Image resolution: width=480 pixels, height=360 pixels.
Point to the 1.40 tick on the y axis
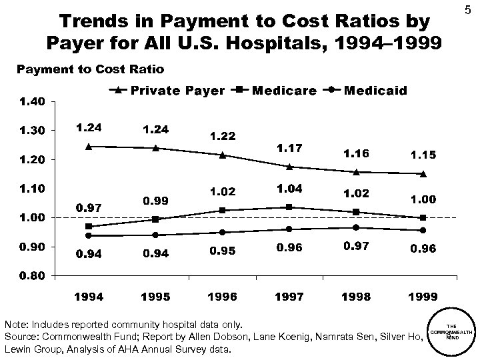point(31,101)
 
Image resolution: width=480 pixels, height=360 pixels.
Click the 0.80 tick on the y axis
point(31,275)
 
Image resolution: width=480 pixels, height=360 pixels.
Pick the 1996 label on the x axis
point(223,295)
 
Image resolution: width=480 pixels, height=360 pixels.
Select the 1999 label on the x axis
point(423,295)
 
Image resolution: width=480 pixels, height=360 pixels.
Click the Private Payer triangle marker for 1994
point(89,146)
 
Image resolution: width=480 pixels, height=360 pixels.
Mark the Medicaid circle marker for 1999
point(423,230)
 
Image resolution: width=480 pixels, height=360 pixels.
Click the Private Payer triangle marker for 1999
point(423,173)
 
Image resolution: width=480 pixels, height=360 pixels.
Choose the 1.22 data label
point(223,136)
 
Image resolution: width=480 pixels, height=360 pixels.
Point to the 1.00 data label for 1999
point(423,199)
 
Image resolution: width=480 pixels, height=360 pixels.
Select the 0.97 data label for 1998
point(356,247)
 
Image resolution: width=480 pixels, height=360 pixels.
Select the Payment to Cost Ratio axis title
point(89,69)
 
